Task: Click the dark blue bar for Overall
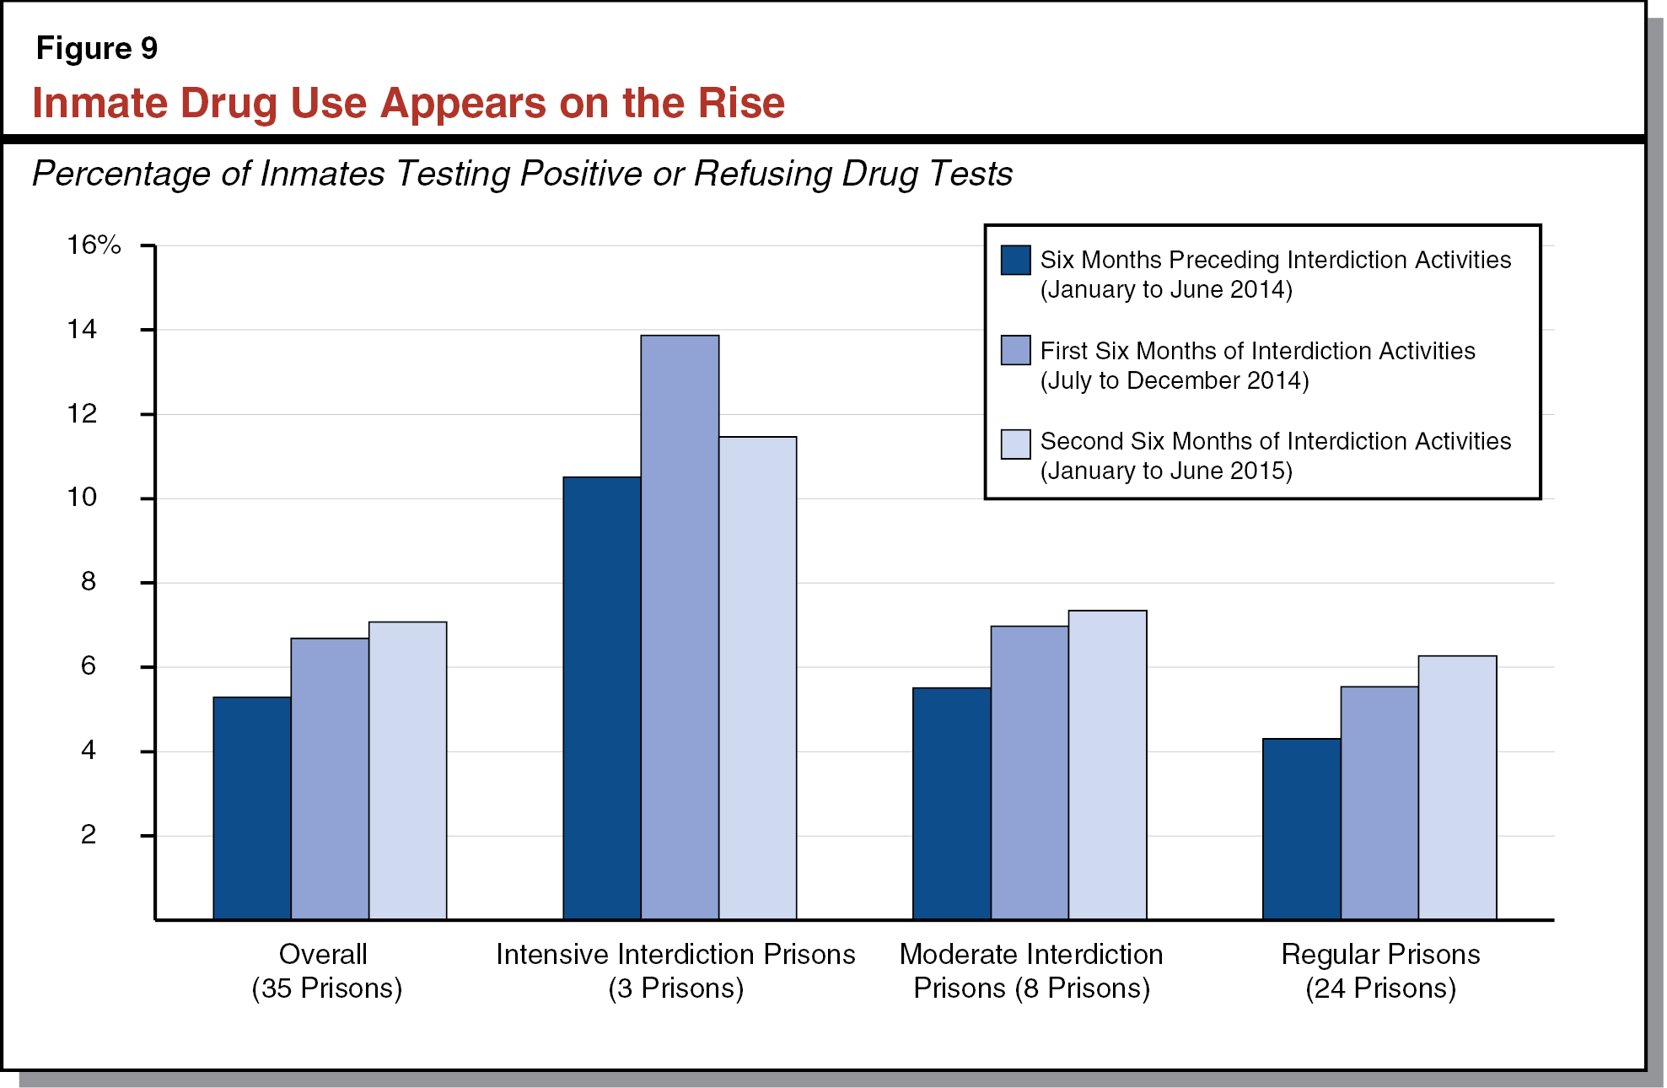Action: pos(251,808)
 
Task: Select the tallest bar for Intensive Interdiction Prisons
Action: pos(680,627)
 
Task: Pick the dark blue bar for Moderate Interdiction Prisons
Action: pos(951,803)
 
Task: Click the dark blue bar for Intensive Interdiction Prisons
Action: pos(601,698)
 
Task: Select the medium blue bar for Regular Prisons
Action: pos(1379,803)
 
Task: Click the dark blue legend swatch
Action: pos(1015,260)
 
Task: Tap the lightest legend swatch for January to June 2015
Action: pos(1015,444)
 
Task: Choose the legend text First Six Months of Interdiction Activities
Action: pos(1257,351)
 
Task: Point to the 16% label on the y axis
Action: pos(94,245)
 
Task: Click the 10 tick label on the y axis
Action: pos(83,498)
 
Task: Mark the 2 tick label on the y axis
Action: pos(88,835)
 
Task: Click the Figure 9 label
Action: pos(97,49)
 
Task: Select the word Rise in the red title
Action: pos(742,104)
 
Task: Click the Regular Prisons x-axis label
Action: pos(1380,954)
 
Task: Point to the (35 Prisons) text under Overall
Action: pos(326,988)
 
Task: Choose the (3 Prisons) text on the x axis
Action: pos(675,988)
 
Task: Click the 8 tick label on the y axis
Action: pos(88,582)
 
